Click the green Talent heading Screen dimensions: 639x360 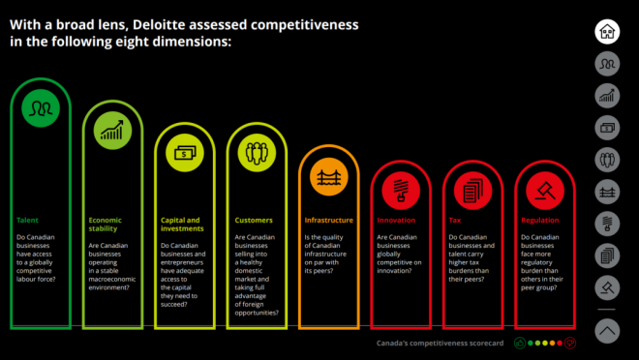27,221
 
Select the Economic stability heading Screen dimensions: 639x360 106,225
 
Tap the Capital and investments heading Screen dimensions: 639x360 182,225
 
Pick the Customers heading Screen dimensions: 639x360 254,221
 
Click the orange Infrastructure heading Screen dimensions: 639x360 329,221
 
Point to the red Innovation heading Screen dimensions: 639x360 396,221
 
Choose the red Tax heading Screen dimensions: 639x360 455,221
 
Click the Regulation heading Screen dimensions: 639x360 540,221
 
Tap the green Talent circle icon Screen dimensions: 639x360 41,108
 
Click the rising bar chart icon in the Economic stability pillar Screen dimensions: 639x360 112,131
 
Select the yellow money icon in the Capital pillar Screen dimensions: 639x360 185,153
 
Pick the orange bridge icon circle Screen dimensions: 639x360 329,177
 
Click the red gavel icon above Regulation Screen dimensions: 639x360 545,191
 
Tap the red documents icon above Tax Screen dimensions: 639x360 473,191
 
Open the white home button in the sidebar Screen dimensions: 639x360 607,32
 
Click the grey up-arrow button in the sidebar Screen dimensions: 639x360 607,331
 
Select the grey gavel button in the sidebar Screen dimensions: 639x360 607,288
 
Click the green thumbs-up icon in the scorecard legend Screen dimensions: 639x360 520,344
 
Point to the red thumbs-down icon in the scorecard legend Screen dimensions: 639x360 570,344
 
